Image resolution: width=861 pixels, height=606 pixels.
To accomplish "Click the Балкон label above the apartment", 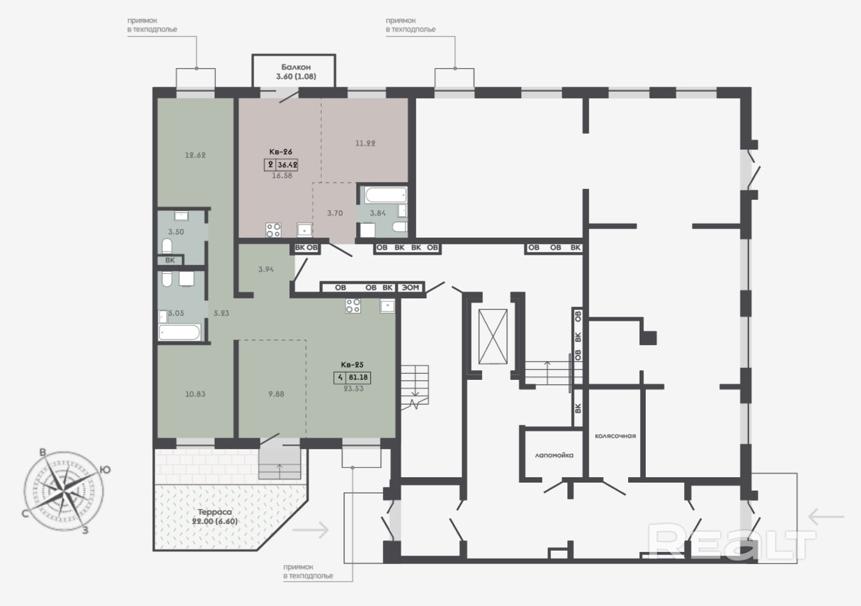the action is point(296,67).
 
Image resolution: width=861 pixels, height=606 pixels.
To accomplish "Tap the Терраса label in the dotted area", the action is point(215,512).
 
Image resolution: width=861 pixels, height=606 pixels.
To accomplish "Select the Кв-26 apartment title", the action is point(280,151).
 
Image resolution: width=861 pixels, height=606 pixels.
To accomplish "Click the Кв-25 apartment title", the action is point(352,364).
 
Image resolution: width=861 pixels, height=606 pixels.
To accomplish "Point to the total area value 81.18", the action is point(358,377).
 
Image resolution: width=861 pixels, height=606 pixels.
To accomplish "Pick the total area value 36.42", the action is point(288,165).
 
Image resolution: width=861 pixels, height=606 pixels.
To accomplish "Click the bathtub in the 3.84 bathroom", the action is point(386,195).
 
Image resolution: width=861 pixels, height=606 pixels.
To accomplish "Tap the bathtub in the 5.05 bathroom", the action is point(179,332).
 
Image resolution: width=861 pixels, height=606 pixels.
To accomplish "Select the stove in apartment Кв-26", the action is point(273,230).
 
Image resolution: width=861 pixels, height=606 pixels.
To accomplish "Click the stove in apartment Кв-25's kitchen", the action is point(353,306).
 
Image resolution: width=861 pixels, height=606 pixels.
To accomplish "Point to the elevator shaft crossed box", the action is point(493,337).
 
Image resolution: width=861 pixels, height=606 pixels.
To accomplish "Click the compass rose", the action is point(64,491).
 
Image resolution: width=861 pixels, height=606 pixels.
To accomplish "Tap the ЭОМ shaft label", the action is point(410,288).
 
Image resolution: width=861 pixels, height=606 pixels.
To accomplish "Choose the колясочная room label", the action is point(615,436).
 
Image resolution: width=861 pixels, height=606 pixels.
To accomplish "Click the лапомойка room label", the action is point(554,455).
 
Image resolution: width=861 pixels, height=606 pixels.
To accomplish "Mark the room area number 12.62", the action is point(195,155).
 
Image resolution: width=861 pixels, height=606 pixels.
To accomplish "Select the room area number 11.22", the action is point(365,143).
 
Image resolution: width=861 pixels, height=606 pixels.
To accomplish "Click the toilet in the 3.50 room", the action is point(167,246).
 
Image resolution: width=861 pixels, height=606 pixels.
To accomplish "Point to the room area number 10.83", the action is point(195,394).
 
